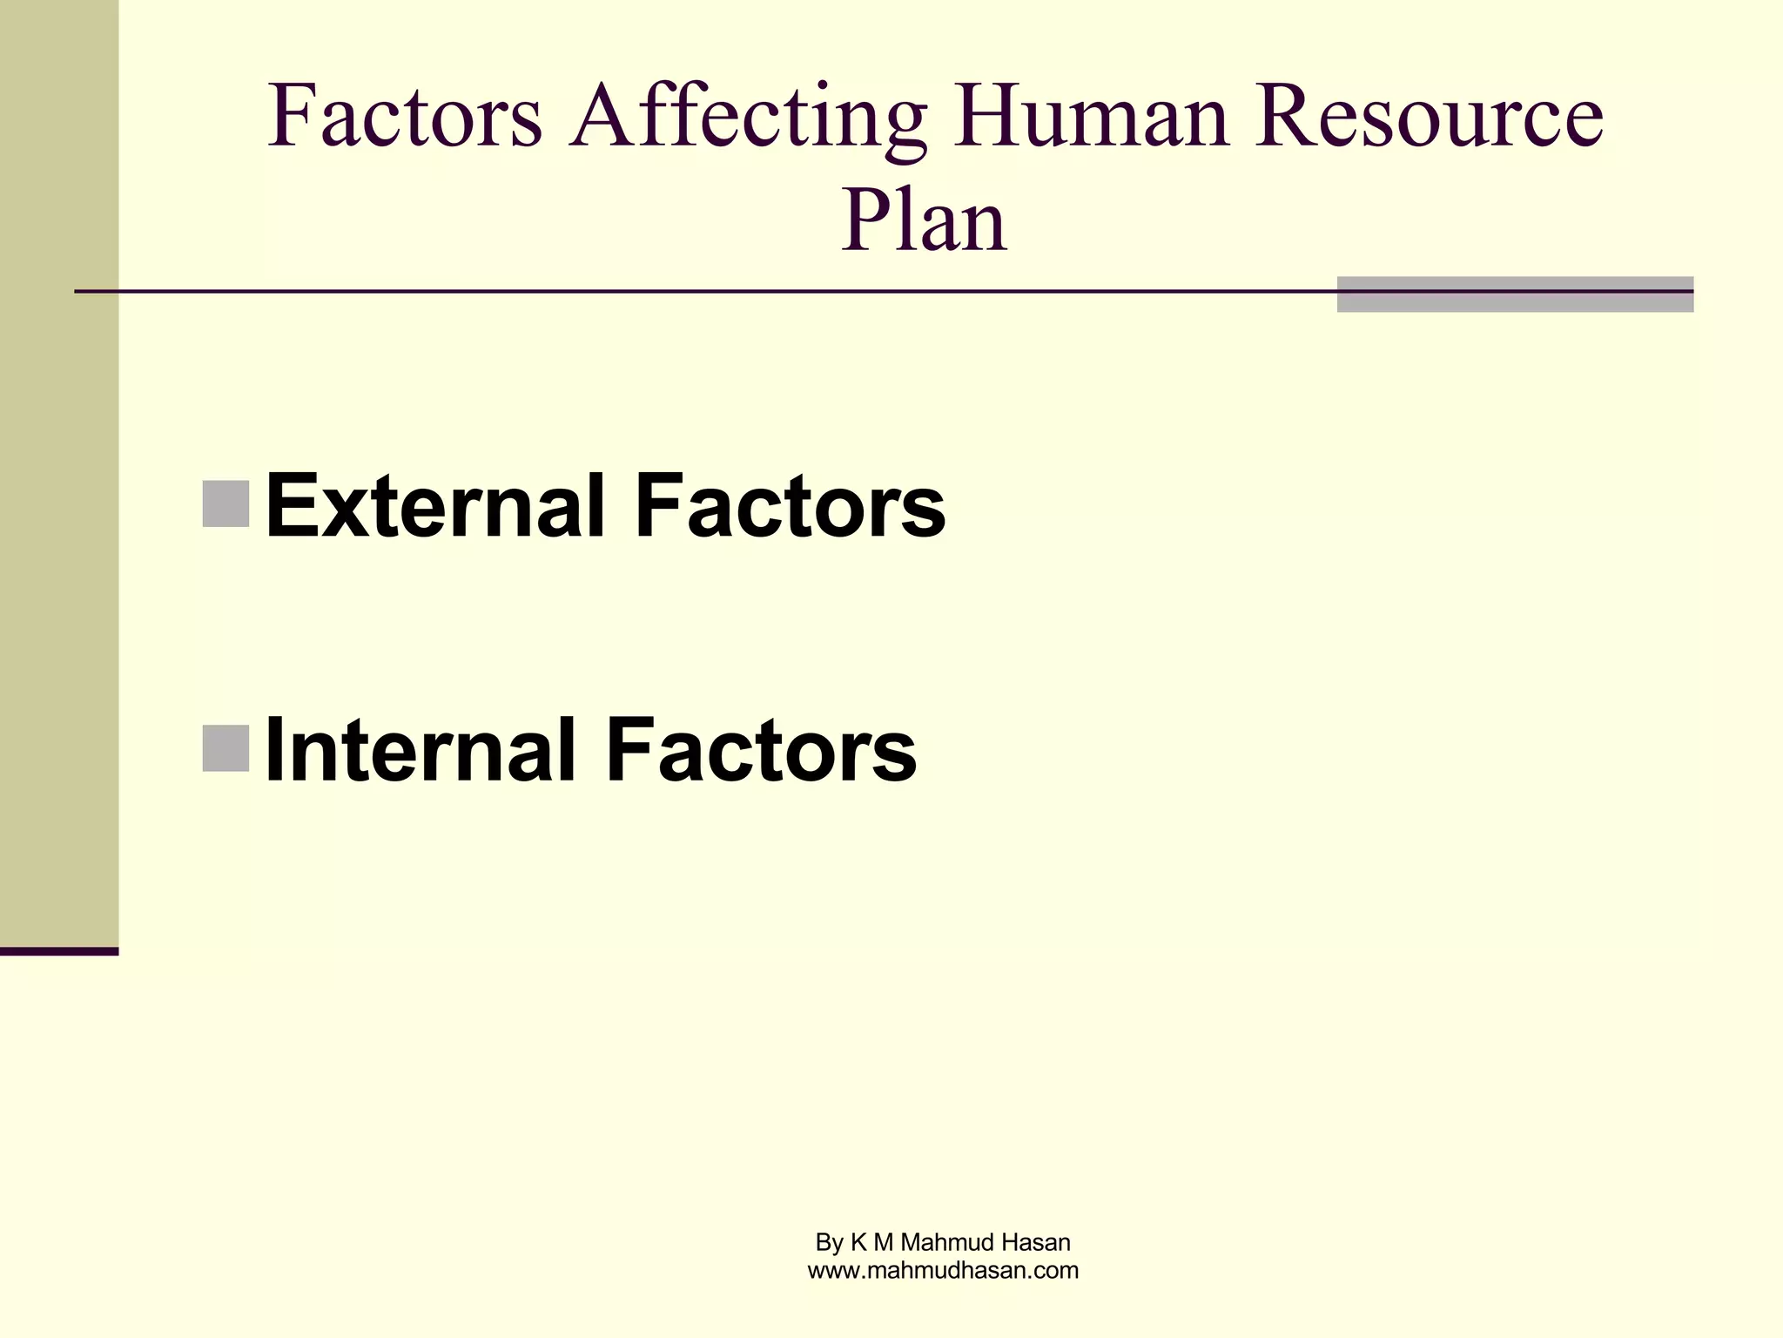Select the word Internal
pos(421,749)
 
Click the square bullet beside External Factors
pos(225,503)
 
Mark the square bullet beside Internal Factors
pos(225,747)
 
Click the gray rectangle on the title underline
pos(1515,294)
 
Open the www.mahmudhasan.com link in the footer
pos(943,1271)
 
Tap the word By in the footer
pos(829,1243)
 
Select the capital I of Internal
pos(275,749)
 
